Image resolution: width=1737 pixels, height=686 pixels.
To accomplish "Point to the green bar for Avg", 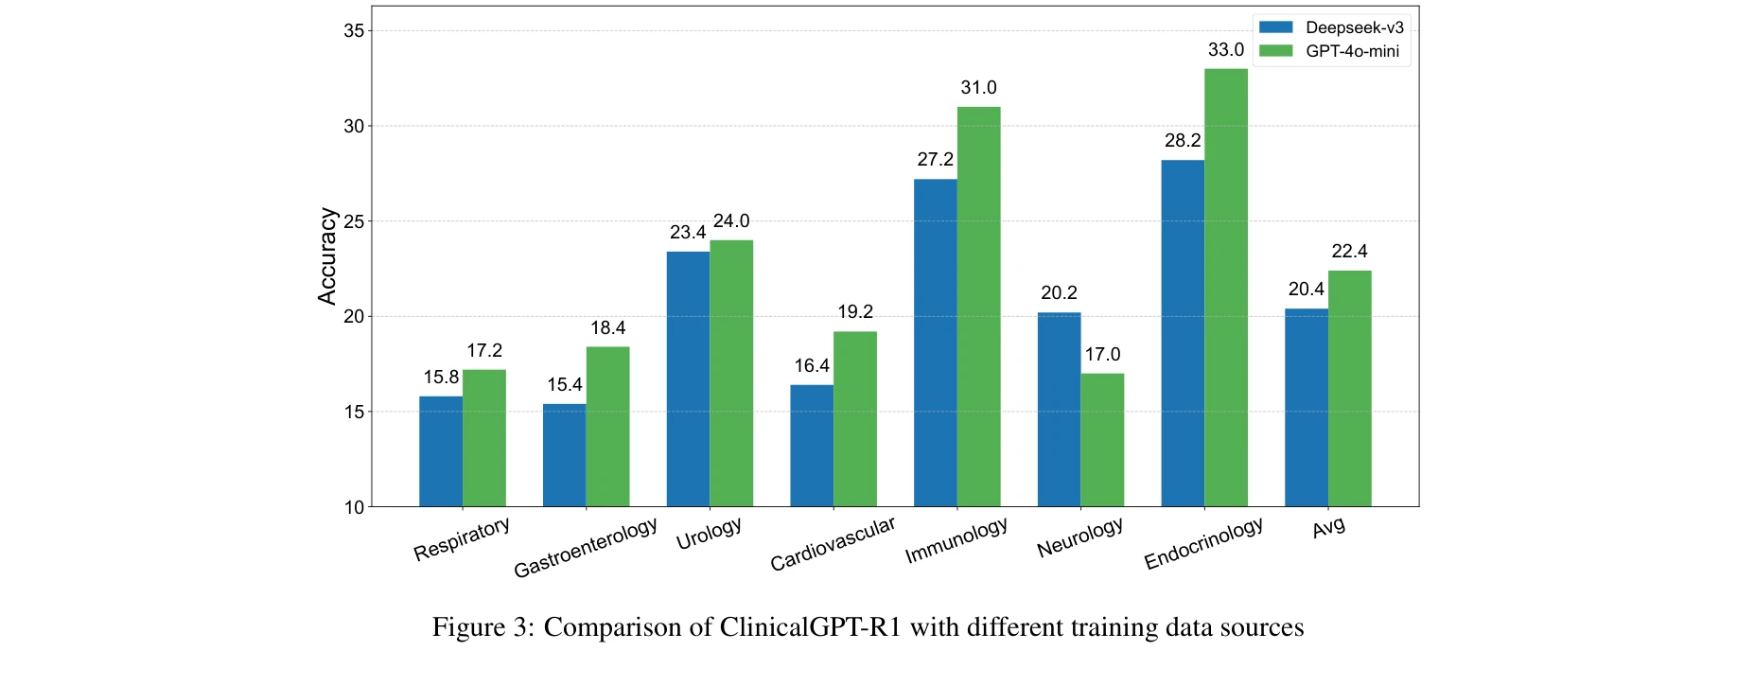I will tap(1349, 389).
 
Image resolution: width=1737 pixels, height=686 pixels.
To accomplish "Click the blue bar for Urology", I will tap(688, 378).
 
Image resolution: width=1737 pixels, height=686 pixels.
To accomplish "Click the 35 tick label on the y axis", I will tap(354, 31).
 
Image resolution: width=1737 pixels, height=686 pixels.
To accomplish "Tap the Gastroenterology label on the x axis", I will tap(586, 548).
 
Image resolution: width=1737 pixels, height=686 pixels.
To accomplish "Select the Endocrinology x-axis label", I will tap(1203, 544).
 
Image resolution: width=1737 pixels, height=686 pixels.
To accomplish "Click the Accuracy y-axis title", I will tap(327, 256).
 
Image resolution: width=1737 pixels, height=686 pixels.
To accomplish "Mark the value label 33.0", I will tap(1226, 50).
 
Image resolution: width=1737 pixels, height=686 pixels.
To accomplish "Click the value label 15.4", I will tap(565, 385).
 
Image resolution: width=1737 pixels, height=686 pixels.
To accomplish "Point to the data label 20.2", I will tap(1059, 293).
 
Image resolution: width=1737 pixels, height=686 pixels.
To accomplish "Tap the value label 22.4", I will tap(1349, 252).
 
